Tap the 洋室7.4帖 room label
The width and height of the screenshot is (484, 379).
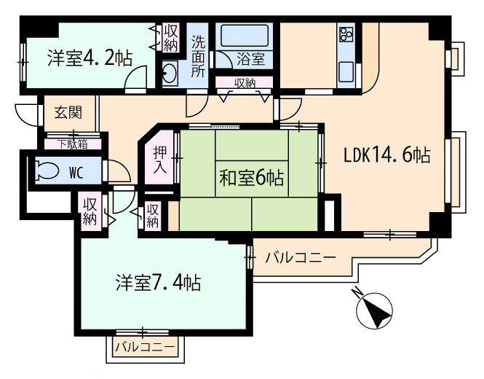pos(159,282)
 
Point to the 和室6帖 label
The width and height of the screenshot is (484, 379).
pos(252,178)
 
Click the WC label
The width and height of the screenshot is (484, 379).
pos(76,173)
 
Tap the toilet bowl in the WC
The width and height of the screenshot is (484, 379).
pos(47,171)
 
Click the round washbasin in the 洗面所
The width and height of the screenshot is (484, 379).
pos(170,72)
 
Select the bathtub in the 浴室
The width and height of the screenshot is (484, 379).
pos(245,36)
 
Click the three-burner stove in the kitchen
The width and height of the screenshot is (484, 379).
pos(346,34)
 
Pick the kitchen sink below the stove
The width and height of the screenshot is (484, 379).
pos(346,71)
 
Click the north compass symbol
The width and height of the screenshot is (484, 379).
pos(374,310)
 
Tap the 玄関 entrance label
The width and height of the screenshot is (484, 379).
pos(68,112)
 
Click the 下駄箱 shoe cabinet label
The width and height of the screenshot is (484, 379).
pos(74,144)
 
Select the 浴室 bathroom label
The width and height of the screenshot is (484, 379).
pos(251,59)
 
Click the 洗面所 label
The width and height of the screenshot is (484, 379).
pos(198,56)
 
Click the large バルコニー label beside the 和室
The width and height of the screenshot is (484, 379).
pos(301,257)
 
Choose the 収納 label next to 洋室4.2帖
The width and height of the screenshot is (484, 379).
pos(171,39)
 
